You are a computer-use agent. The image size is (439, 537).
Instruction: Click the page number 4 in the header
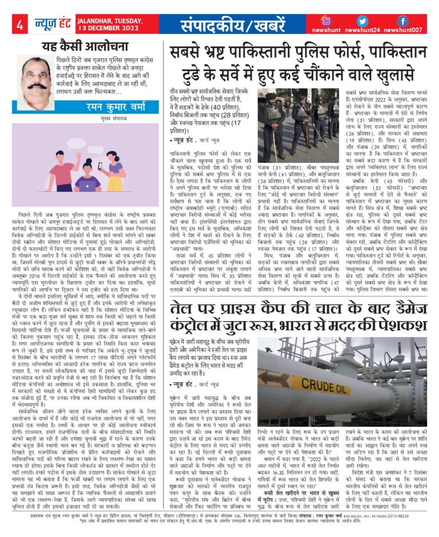pos(19,25)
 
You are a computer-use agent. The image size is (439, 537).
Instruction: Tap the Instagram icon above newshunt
pos(326,20)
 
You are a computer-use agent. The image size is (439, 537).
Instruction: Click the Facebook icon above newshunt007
pos(402,20)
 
